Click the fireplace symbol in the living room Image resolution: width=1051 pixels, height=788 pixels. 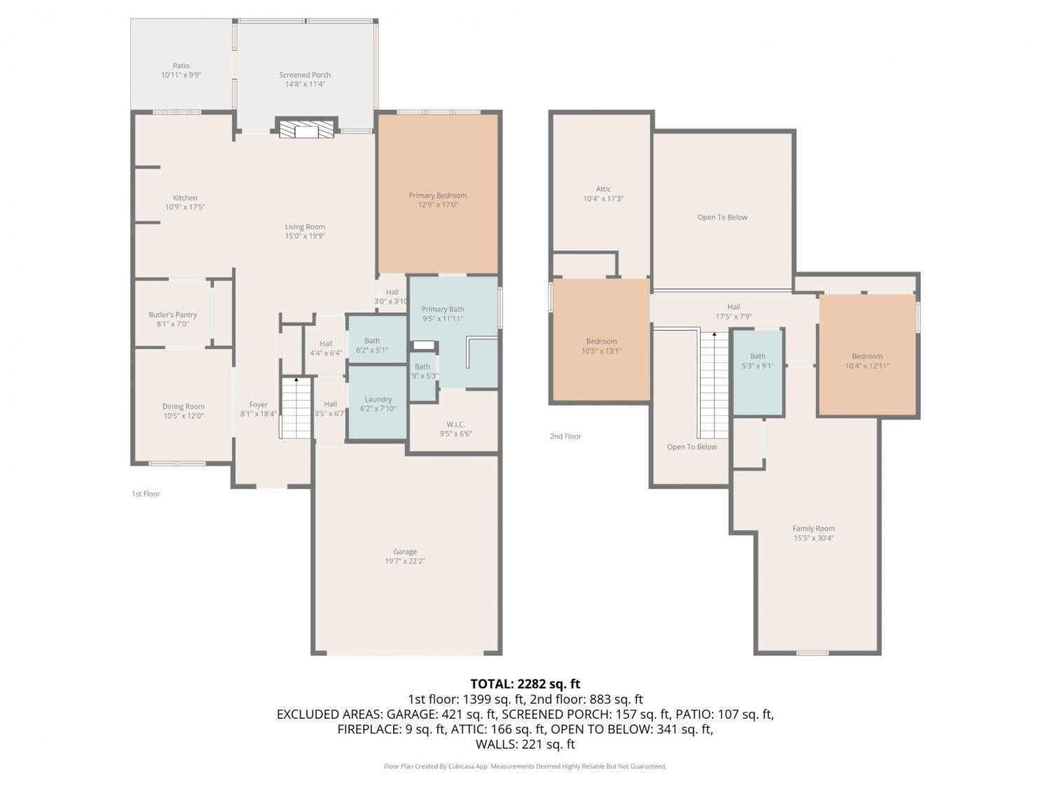pos(306,129)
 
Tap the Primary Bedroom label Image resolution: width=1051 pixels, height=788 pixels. pos(438,195)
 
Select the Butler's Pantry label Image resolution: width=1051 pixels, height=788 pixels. pos(173,314)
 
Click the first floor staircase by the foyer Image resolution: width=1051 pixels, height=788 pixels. pos(296,408)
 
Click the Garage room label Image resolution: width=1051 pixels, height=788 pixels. pos(404,552)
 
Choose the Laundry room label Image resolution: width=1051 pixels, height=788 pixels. pos(378,399)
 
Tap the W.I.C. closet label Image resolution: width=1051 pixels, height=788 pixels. pos(455,424)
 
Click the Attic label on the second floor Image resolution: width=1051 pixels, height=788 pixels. pos(603,189)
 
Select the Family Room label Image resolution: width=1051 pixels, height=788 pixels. pos(813,528)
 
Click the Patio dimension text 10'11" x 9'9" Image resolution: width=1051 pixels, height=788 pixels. pos(181,75)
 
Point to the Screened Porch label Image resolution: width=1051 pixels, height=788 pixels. pos(305,75)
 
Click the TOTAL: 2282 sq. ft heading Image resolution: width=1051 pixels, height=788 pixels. pos(525,684)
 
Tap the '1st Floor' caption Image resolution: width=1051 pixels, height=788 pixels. pos(146,494)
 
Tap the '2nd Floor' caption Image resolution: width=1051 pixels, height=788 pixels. pos(565,436)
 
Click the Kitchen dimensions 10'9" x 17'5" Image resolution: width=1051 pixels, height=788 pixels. pos(185,207)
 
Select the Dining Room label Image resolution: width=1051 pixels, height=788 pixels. pos(184,407)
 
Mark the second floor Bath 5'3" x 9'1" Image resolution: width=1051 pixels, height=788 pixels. pos(757,361)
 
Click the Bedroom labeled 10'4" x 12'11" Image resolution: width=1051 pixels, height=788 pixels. pos(867,361)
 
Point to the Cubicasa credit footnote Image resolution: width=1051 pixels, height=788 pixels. pos(525,766)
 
